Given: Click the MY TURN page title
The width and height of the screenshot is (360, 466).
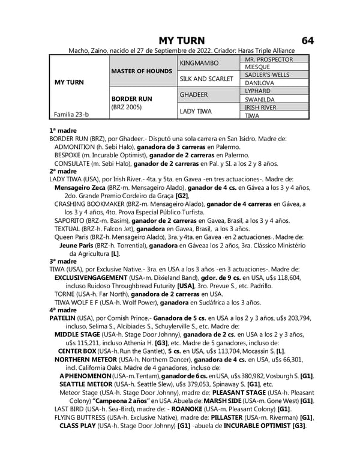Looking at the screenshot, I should [x=181, y=40].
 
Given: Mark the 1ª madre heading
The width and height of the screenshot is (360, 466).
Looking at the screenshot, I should [x=63, y=130].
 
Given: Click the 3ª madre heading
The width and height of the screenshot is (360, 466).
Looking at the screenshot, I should [x=63, y=262].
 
